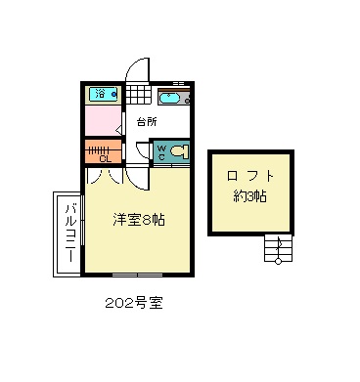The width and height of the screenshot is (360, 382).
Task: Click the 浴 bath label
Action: [x=101, y=94]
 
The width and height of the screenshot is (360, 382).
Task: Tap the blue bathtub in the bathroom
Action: [x=104, y=94]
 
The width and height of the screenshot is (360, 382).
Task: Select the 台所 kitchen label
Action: [x=147, y=122]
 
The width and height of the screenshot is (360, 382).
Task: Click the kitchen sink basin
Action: [x=169, y=98]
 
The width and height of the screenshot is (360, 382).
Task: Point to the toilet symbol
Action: [x=179, y=151]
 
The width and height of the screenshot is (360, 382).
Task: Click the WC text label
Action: [x=161, y=151]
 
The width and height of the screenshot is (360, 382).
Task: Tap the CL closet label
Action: [x=106, y=159]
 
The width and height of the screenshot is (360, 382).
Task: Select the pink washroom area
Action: [x=104, y=120]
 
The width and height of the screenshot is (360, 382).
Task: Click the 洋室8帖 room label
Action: [x=139, y=220]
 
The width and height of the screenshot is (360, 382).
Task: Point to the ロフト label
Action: [x=250, y=176]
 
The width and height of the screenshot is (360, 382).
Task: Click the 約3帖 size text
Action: [x=250, y=196]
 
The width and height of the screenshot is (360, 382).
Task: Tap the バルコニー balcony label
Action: [x=70, y=233]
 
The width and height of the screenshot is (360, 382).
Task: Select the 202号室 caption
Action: [x=134, y=304]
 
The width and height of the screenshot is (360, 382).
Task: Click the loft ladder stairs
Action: [x=278, y=247]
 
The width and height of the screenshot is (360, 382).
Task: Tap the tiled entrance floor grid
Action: [x=139, y=95]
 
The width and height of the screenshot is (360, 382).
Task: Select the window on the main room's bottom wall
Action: [x=137, y=275]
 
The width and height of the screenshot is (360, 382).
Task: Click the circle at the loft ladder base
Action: [x=278, y=261]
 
